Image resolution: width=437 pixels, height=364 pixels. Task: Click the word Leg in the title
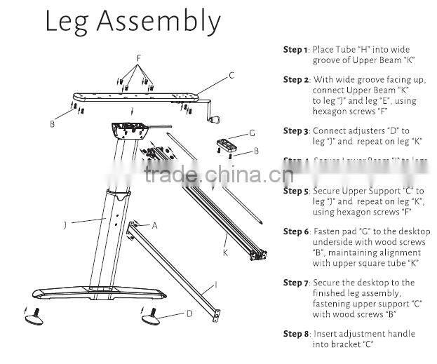pos(68,22)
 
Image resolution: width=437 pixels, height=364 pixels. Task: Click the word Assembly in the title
pos(167,22)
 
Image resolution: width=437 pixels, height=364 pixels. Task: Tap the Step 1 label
pos(295,50)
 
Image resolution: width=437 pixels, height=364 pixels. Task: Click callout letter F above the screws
pos(139,57)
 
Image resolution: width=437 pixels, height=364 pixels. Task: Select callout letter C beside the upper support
pos(231,74)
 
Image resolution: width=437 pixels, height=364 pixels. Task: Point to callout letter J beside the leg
pos(64,225)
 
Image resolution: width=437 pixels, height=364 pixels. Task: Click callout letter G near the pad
pos(252,133)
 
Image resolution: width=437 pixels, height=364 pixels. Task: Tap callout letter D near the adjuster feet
pos(189,313)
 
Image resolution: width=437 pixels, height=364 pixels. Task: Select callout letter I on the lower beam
pos(216,285)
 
